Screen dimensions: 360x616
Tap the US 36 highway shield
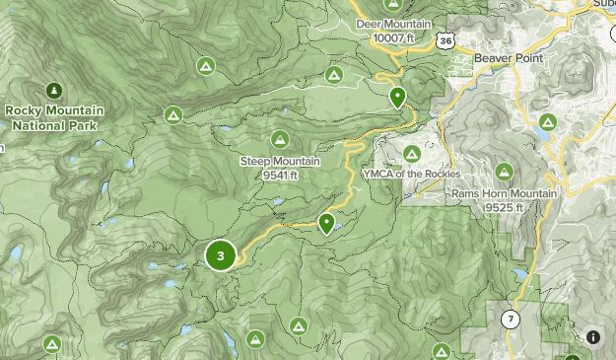click(x=447, y=40)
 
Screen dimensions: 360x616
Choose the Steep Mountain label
click(x=281, y=162)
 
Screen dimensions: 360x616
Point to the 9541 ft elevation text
click(x=281, y=175)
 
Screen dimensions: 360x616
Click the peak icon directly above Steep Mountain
click(x=281, y=140)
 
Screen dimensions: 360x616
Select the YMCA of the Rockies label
click(x=412, y=174)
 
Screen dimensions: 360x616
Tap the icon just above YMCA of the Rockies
click(x=412, y=153)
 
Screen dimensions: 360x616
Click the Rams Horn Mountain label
click(x=505, y=193)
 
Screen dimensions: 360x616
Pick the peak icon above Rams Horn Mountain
click(x=548, y=122)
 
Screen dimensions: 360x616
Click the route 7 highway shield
click(x=510, y=320)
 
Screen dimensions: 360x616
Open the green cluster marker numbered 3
click(x=221, y=256)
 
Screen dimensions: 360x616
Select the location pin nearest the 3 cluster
click(x=327, y=224)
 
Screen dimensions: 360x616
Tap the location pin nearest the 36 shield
click(x=397, y=97)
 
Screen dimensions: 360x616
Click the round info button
click(x=593, y=337)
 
